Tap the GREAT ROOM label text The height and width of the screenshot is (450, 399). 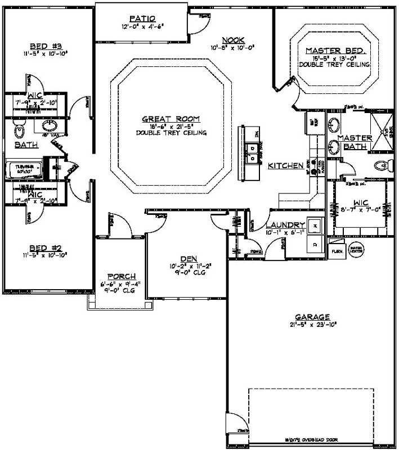171,119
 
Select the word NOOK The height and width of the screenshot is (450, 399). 233,40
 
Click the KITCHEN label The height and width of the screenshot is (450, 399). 285,165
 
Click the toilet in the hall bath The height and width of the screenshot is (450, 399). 19,130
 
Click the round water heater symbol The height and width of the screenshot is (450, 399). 356,248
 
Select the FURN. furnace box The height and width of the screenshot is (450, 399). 338,251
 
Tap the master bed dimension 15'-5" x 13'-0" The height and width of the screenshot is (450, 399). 336,58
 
